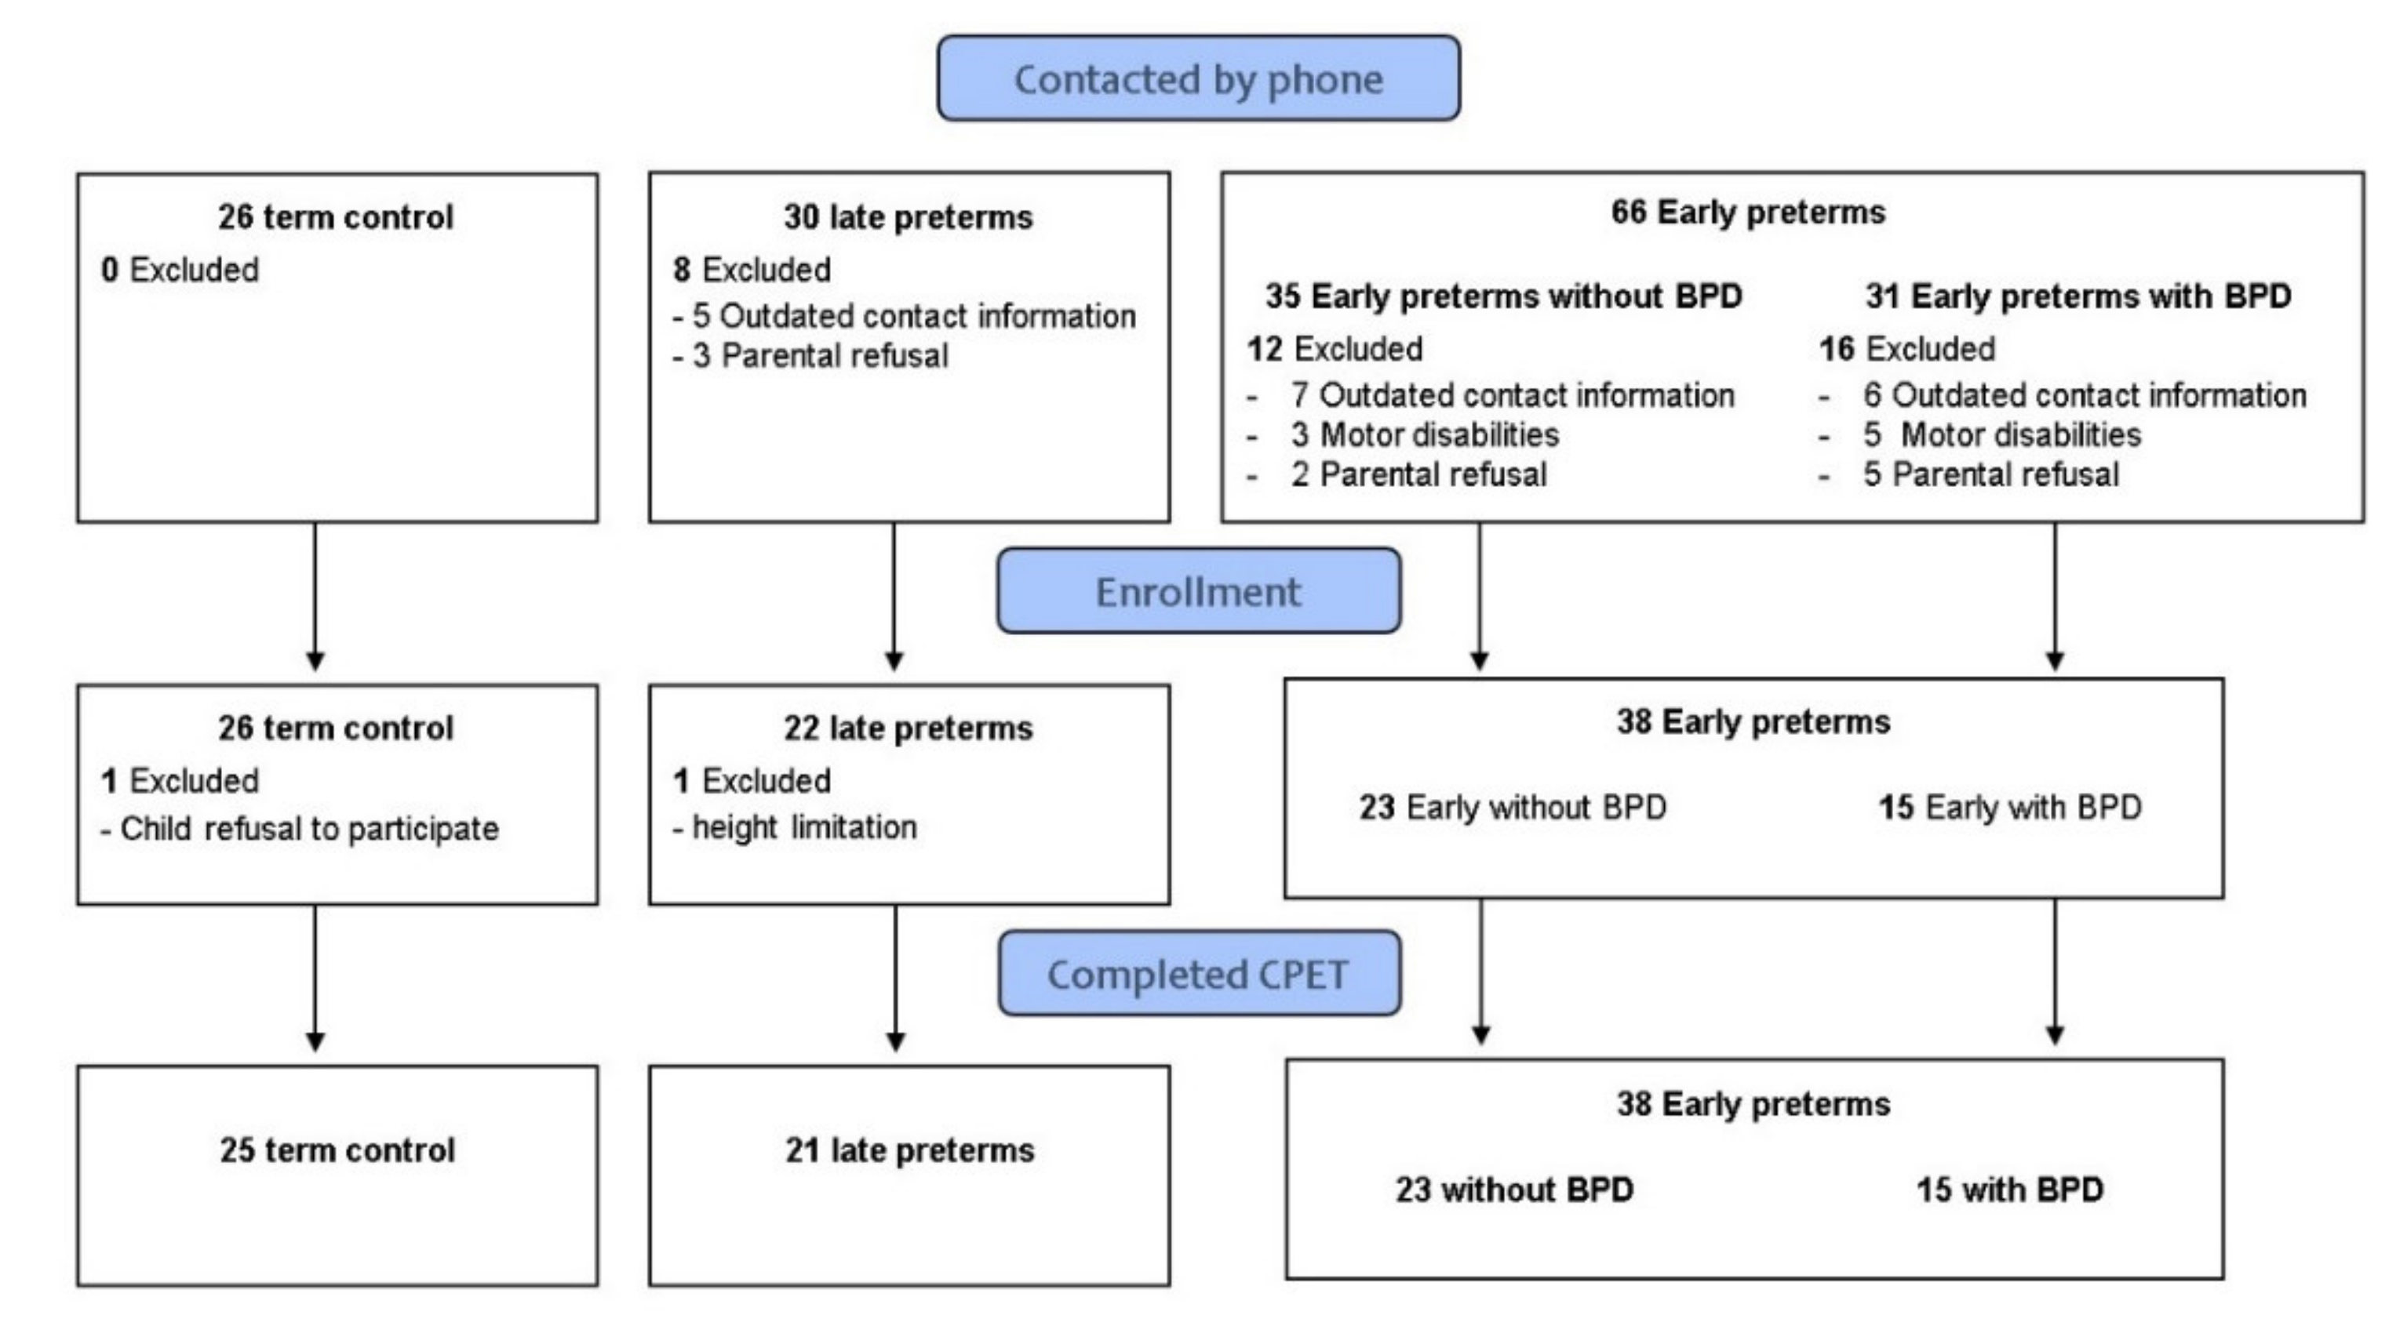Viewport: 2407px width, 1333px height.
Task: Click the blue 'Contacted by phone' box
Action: (1198, 78)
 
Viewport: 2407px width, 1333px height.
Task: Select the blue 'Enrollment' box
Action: (1198, 591)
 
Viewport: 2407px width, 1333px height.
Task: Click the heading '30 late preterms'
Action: (909, 216)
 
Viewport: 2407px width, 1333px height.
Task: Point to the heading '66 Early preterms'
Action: (1747, 212)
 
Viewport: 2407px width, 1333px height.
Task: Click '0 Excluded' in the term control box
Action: (180, 270)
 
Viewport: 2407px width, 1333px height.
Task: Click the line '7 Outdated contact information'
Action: (1512, 395)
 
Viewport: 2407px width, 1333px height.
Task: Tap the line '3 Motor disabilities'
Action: (1424, 434)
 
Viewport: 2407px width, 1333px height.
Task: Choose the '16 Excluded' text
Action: (1906, 348)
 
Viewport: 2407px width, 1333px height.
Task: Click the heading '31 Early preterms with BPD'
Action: (2078, 296)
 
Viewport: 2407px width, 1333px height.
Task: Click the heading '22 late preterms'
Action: (909, 728)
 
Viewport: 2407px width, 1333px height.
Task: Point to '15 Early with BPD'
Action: (2009, 807)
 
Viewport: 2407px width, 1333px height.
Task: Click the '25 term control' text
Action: (337, 1150)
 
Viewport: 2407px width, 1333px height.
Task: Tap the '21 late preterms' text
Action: (909, 1150)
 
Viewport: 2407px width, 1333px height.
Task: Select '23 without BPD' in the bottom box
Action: (1513, 1190)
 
